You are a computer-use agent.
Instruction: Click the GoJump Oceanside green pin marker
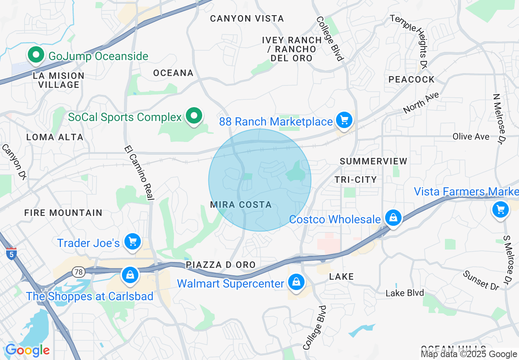point(36,55)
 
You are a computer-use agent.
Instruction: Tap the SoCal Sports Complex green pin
point(194,116)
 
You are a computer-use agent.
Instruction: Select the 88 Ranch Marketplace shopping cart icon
point(344,120)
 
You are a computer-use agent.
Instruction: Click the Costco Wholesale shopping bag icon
point(393,218)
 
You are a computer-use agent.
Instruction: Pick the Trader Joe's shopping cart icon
point(132,241)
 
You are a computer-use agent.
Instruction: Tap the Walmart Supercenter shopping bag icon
point(295,282)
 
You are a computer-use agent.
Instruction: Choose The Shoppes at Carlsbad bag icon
point(130,274)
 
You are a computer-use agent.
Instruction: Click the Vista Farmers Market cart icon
point(500,210)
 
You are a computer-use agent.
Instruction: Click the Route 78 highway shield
point(78,271)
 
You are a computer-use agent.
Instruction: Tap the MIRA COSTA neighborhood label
point(241,205)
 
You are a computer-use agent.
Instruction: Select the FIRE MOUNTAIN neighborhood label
point(63,213)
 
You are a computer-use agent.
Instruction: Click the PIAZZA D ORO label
point(221,265)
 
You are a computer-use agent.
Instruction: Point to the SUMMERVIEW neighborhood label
point(373,161)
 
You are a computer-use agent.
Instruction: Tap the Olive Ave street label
point(471,136)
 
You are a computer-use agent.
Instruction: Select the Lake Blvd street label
point(405,293)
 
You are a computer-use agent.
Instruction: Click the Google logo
point(27,350)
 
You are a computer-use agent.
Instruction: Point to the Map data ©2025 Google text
point(469,354)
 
